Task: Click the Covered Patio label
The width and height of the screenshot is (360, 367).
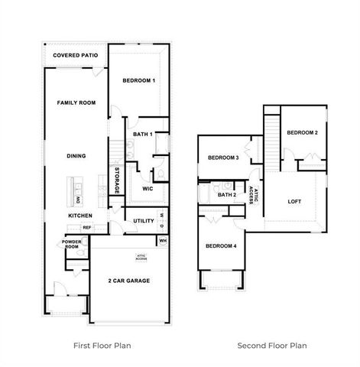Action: (76, 56)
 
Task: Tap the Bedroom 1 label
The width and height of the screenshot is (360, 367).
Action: (139, 80)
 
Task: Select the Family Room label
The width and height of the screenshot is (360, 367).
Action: (76, 102)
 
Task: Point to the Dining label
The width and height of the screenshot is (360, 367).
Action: (76, 156)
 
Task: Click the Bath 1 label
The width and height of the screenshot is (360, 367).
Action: (143, 135)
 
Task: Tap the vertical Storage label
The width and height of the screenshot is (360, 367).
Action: (117, 180)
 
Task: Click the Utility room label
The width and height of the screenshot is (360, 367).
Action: (144, 221)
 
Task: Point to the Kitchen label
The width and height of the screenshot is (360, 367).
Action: (80, 216)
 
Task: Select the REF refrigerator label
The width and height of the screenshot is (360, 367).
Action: (87, 227)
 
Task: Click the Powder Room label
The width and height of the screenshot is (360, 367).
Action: (72, 244)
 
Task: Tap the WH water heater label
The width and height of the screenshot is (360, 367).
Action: (163, 241)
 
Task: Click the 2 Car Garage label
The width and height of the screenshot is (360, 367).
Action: (129, 281)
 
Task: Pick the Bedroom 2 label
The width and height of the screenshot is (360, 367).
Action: (302, 132)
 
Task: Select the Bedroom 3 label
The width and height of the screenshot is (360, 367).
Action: (224, 158)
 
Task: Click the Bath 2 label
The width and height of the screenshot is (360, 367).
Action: (226, 194)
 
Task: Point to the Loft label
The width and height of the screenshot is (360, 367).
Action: (295, 202)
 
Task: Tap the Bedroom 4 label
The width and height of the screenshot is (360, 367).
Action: (220, 245)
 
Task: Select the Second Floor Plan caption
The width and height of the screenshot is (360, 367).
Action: (272, 345)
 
